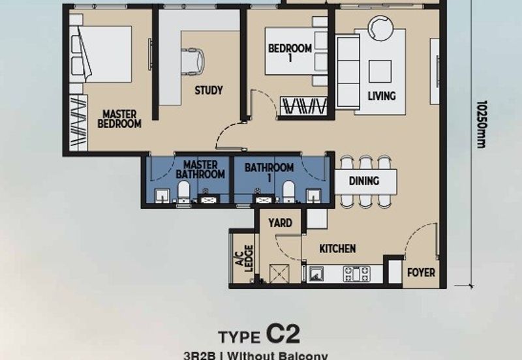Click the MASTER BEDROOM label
tap(119, 119)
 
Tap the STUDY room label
tap(209, 90)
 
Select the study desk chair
tap(192, 60)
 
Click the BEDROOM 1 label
tap(290, 53)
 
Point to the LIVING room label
tap(382, 96)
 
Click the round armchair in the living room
tap(380, 29)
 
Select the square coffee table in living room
tap(380, 72)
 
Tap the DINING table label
tap(364, 181)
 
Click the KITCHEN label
tap(337, 248)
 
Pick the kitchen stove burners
tap(356, 274)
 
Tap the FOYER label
tap(421, 273)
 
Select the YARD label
tap(281, 222)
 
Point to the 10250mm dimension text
tap(482, 124)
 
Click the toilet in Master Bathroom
tap(183, 192)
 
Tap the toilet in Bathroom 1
tap(288, 192)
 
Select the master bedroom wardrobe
tap(78, 123)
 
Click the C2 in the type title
tap(283, 335)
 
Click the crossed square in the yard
tap(279, 273)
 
